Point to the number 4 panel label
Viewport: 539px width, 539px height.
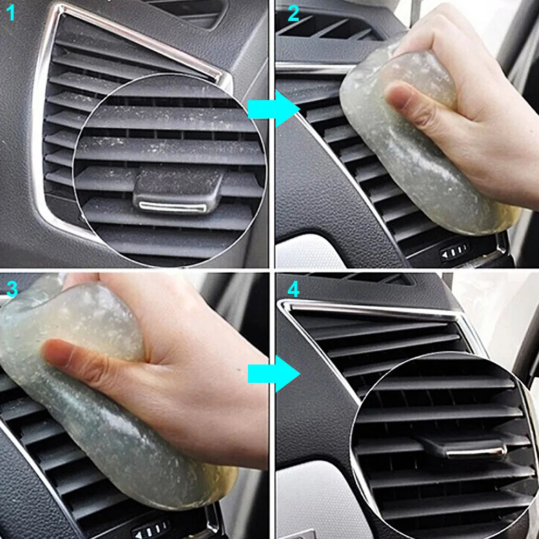point(293,289)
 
